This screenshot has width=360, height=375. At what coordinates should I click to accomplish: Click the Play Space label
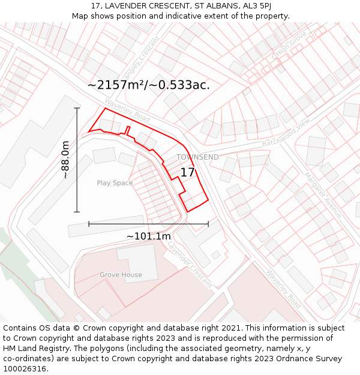point(115,183)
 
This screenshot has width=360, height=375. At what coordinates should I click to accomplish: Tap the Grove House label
point(121,275)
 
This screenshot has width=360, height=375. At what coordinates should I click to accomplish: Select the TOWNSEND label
point(197,157)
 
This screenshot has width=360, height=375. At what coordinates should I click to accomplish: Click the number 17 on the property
point(188,172)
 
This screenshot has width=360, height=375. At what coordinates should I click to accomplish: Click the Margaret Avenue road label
point(322,195)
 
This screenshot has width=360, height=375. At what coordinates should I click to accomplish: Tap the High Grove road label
point(289,46)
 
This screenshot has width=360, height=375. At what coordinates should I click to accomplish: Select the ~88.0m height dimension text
point(65,160)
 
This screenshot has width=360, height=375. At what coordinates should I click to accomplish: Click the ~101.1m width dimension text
point(148,236)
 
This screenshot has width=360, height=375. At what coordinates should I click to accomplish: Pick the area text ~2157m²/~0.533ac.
point(149,85)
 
